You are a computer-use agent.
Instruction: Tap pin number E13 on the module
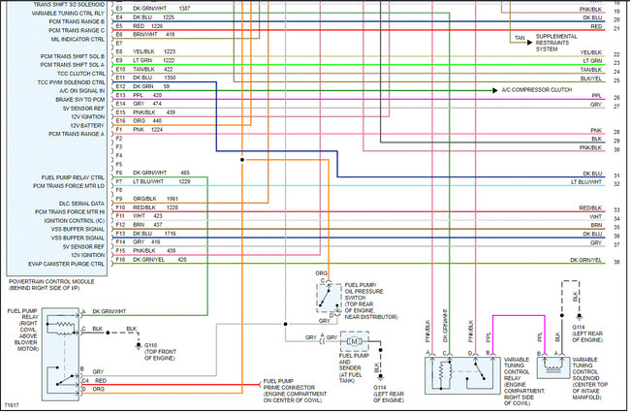click(x=119, y=95)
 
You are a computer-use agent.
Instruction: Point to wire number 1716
click(x=170, y=234)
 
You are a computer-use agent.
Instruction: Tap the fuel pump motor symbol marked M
click(x=354, y=341)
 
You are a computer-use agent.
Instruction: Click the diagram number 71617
click(x=13, y=401)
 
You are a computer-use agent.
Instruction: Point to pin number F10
click(x=119, y=206)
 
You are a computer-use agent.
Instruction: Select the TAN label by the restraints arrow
click(x=519, y=38)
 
